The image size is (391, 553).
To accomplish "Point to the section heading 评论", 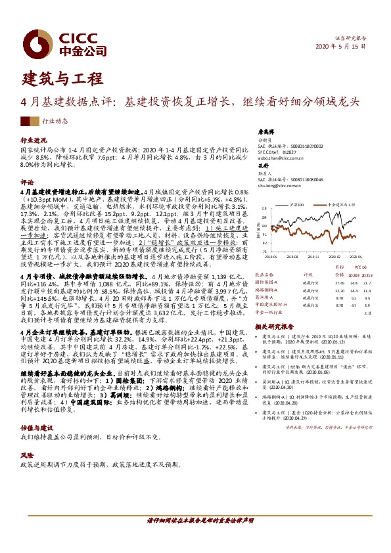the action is (27, 181).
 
